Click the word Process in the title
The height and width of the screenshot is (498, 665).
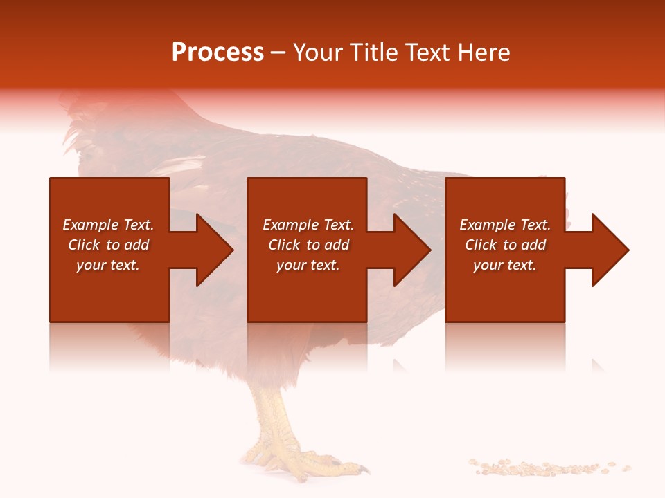(218, 53)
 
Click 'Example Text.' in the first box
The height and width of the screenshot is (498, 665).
(108, 225)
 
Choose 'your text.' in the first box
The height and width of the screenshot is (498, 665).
(108, 265)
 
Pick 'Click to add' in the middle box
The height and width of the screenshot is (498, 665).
(308, 245)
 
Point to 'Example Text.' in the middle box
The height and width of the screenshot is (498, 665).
(308, 225)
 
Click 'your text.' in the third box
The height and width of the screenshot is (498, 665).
(505, 265)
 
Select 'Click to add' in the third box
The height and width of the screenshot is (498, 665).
(505, 245)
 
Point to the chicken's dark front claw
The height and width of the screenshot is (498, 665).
(363, 470)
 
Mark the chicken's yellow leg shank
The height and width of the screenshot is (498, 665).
(274, 415)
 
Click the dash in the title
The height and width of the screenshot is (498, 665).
(278, 53)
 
